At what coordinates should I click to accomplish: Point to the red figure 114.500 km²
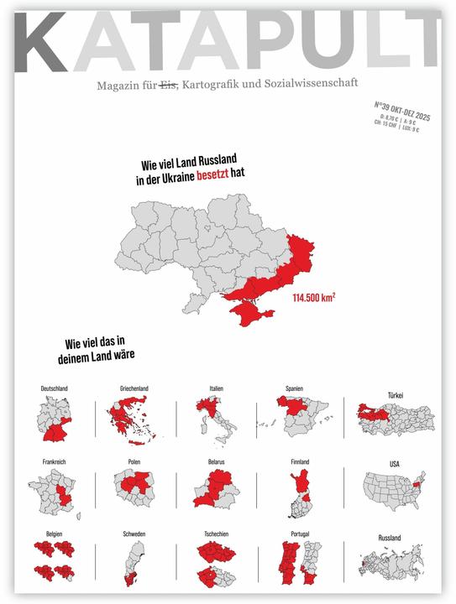(314, 297)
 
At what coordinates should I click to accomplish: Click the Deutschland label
(55, 388)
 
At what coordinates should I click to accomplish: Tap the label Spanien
(294, 388)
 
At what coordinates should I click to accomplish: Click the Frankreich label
(55, 461)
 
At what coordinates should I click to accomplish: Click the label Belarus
(217, 461)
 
